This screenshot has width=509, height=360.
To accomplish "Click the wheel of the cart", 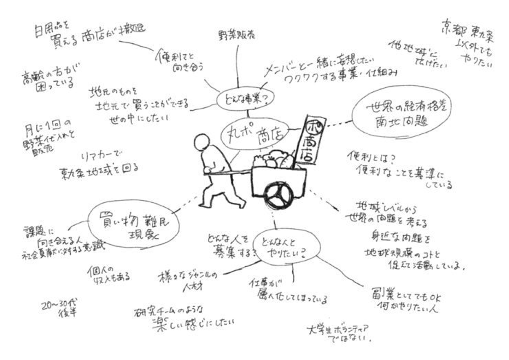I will point(279,196).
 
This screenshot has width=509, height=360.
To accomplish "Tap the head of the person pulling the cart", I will point(203,144).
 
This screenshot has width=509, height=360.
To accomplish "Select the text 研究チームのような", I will point(169,311).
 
